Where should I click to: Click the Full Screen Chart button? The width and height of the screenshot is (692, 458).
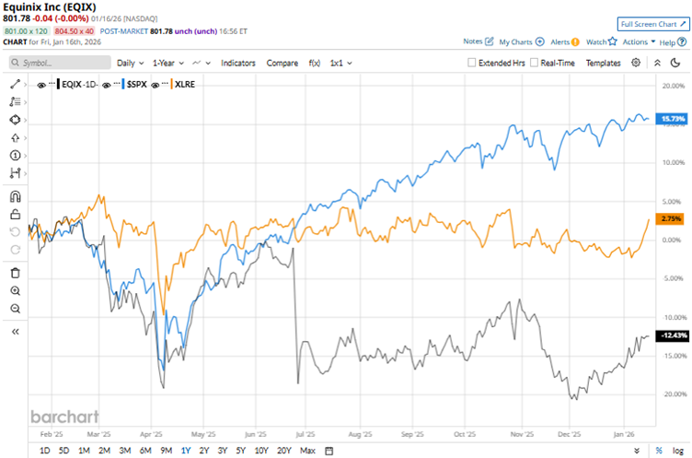pos(653,23)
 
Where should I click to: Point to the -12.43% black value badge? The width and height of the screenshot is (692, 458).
pos(669,335)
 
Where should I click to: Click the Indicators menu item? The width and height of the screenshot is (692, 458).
pos(238,63)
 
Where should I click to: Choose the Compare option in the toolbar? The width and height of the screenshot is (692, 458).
pos(282,63)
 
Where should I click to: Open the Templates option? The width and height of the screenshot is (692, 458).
pos(603,63)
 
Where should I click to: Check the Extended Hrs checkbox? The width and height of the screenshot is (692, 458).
pos(472,63)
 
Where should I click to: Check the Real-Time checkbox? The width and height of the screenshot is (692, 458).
pos(534,63)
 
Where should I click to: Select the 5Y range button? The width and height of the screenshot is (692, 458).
pos(240,450)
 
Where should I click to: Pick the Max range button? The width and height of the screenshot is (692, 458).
pos(307,450)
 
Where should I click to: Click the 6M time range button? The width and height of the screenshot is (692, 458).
pos(145,450)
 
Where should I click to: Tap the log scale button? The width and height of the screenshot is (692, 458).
pos(678,450)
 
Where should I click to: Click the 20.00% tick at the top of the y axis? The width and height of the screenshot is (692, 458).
pos(675,85)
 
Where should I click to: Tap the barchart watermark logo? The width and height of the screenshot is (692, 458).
pos(64,416)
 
